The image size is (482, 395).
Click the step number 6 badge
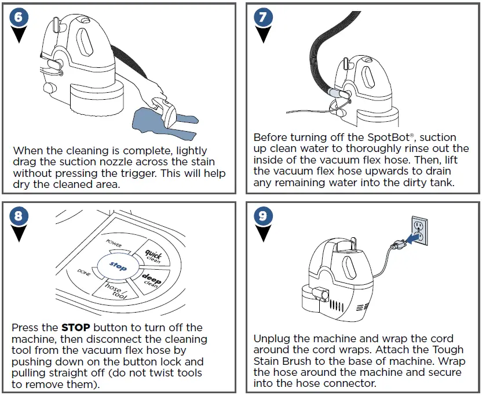[x=19, y=17]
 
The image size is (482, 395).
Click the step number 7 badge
[x=263, y=17]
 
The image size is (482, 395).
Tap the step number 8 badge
[x=19, y=216]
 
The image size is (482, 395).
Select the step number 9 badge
[x=263, y=216]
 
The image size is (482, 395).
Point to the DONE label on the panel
[x=83, y=271]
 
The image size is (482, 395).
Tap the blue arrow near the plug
[x=412, y=238]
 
